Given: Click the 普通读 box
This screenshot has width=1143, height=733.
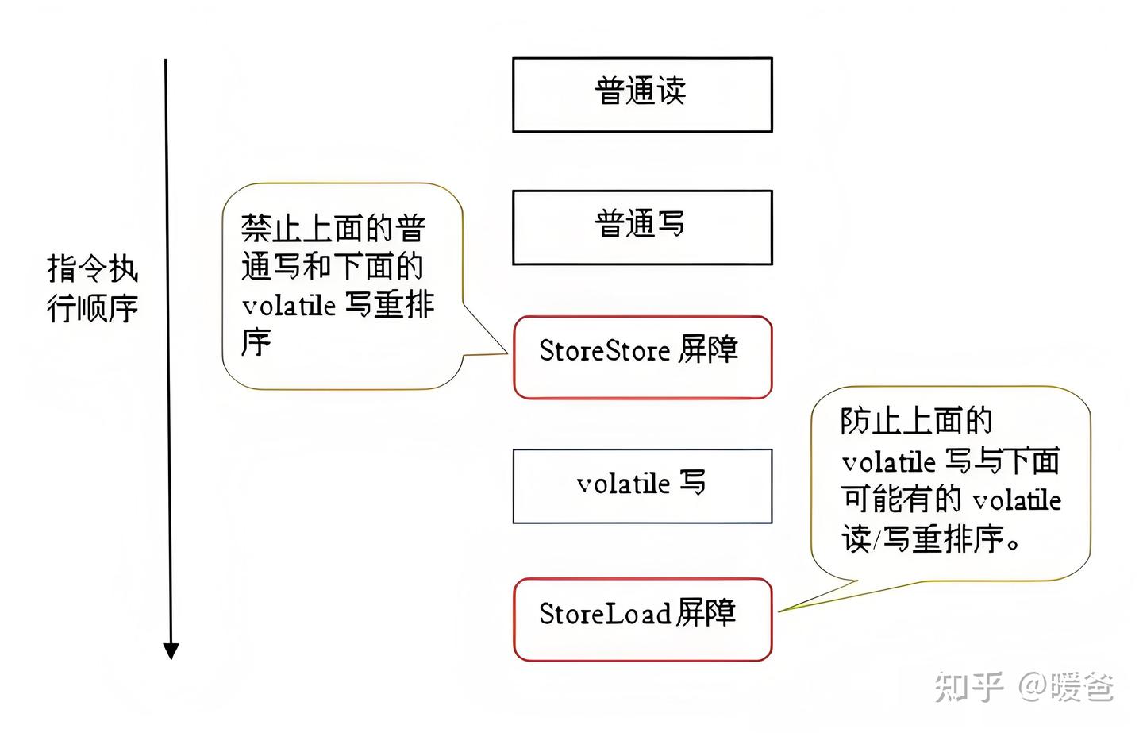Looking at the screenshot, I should point(642,95).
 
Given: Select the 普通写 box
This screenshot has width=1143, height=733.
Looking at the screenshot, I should point(642,227).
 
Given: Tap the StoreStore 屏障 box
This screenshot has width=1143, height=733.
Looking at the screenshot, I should point(642,357).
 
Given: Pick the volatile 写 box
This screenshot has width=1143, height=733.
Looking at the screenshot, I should point(642,486).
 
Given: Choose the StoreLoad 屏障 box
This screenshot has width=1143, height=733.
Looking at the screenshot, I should point(642,619).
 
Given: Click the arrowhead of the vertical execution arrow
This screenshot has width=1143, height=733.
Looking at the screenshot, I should point(171,650).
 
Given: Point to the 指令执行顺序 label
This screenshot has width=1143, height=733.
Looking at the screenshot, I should point(92,288).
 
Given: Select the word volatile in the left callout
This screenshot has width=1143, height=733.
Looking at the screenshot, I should point(289,305).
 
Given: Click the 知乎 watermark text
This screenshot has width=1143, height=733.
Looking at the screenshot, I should point(968,686).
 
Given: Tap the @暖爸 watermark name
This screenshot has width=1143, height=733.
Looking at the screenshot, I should point(1067,686).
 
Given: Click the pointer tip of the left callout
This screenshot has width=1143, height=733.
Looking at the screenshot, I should point(506,353).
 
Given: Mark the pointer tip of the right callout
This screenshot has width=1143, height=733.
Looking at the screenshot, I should point(779,611).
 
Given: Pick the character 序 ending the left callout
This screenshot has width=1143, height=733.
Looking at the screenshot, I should point(256,343).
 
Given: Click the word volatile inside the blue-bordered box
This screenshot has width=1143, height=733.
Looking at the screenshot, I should point(623,483).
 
